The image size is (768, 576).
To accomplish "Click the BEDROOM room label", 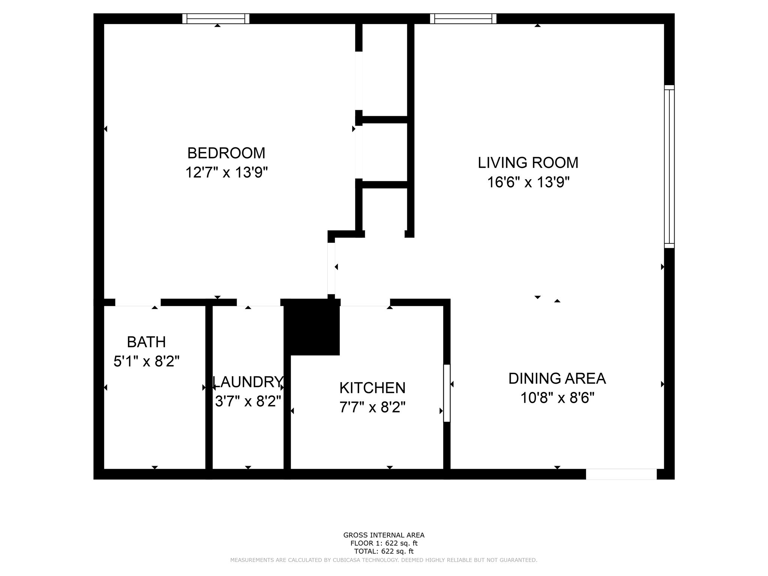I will coord(226,153).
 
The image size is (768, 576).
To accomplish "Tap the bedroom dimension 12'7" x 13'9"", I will coord(226,173).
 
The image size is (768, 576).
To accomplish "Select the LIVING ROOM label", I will coord(528,163).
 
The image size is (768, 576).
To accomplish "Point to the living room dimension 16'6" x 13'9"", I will coord(528,183).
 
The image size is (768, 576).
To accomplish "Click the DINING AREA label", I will coord(557,379).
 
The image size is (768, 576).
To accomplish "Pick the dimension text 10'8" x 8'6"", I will coord(557,398).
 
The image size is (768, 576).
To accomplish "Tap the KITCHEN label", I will coord(372,388).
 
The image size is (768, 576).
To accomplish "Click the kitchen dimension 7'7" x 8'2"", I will coord(372,407).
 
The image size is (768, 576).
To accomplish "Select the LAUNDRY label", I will coord(248,382).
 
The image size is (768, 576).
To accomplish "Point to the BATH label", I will coord(146,342).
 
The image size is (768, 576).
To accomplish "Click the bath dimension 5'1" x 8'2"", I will coord(146,362).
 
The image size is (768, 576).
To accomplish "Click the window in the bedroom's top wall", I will coord(216,18).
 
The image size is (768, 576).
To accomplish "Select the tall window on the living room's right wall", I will coord(669,166).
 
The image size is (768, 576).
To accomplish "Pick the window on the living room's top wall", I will coord(463,18).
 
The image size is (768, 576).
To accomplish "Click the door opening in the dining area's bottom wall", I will coord(621,474).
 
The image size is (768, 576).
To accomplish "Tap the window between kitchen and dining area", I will coord(447,393).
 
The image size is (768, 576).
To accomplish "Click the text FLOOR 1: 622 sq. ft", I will coord(384,543).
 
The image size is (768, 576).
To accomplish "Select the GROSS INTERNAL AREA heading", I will coord(384,535).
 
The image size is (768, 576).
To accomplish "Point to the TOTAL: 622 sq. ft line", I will coord(384,551).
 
